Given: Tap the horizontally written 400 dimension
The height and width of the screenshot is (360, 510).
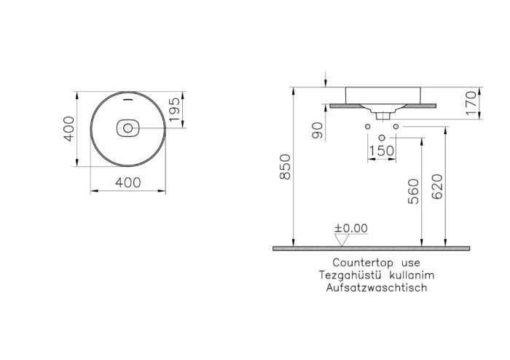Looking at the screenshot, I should (128, 184).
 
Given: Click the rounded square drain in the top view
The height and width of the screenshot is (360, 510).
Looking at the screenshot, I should (128, 129).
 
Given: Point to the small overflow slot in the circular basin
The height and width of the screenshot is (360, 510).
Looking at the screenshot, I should (128, 98).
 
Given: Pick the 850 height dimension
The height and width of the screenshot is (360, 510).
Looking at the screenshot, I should (286, 167).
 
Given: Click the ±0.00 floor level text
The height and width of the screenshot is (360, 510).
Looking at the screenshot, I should (351, 228).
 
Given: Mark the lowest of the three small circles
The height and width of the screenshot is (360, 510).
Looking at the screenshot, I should (381, 136).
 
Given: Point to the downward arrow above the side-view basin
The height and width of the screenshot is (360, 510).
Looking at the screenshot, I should (326, 78).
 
